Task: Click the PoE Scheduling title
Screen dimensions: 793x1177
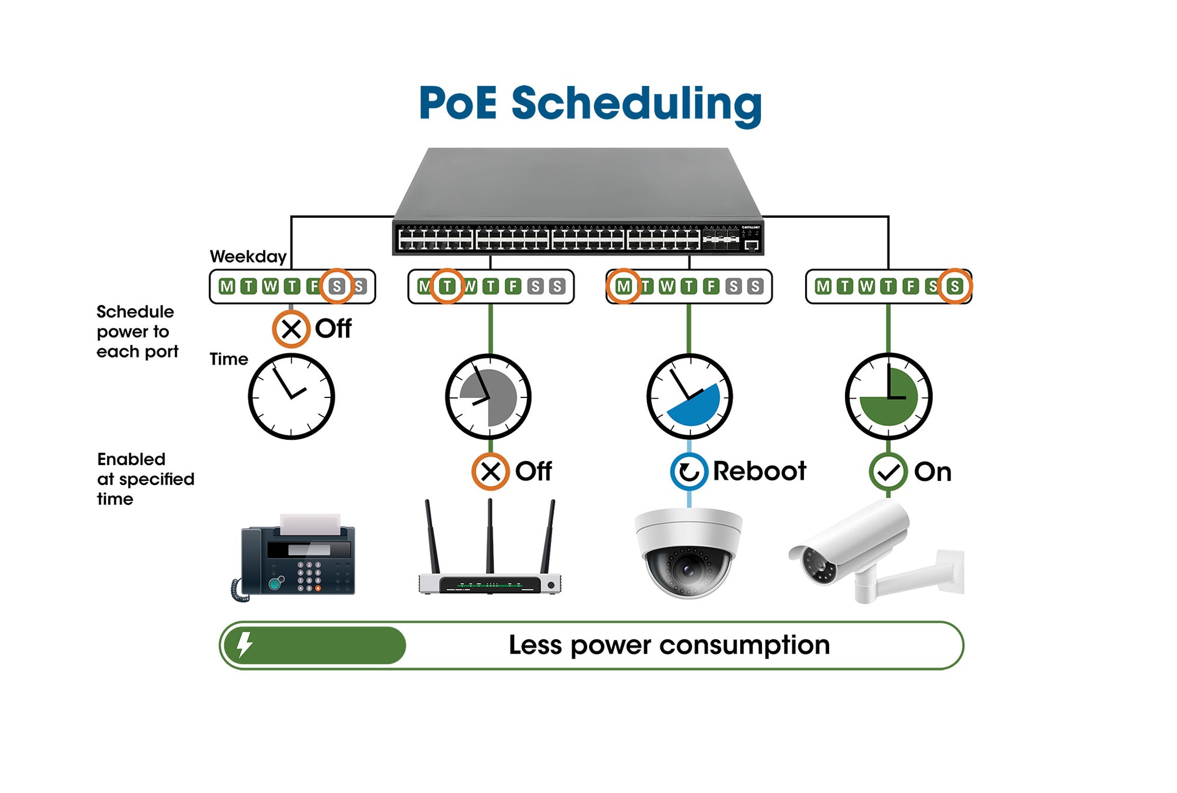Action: (590, 103)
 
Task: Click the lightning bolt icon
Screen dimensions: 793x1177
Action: (244, 645)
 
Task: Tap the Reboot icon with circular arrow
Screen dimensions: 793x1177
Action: (689, 471)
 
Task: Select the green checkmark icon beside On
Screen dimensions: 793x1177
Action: (888, 472)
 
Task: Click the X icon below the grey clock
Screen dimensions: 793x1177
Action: (491, 471)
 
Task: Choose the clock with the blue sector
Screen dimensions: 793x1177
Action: (689, 397)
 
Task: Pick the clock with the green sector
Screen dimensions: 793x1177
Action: (888, 397)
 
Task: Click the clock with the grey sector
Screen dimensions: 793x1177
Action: (488, 397)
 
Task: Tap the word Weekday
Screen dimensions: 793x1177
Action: (248, 256)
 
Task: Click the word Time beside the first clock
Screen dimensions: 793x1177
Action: (229, 359)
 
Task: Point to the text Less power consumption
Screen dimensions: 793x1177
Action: (669, 645)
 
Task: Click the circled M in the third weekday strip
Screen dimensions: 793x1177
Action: (624, 286)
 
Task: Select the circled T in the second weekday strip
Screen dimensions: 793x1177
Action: (447, 286)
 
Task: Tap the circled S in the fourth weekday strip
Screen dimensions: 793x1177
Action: (954, 286)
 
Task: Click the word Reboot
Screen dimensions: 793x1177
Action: (759, 471)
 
